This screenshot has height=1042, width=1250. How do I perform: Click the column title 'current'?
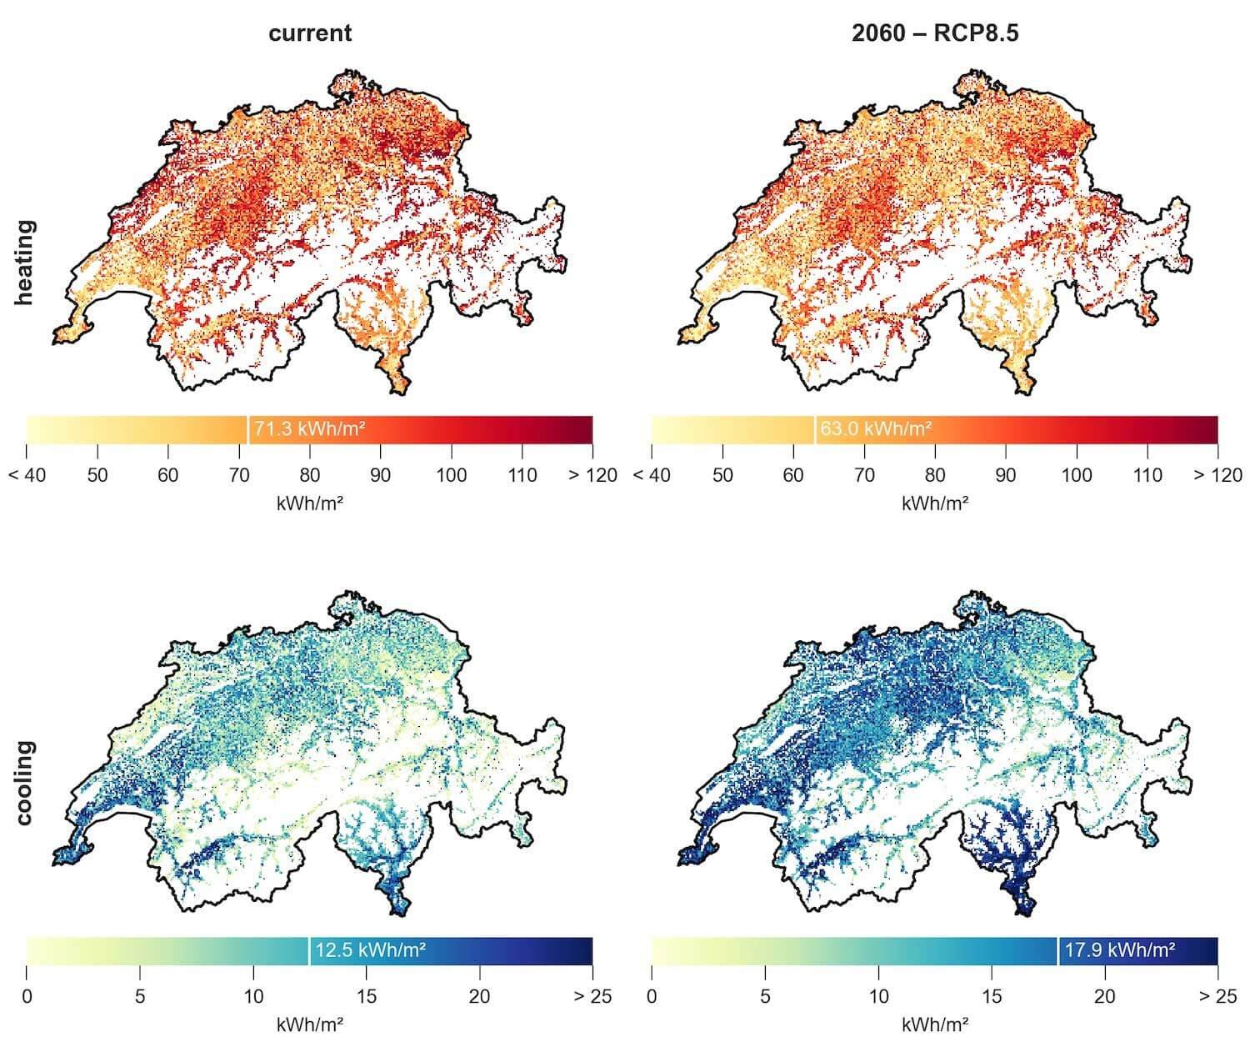310,33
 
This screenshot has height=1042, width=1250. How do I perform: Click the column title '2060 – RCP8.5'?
934,33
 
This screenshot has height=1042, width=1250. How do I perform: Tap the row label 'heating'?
24,263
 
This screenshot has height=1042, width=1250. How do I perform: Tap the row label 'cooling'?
24,783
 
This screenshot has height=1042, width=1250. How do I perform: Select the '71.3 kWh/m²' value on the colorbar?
309,428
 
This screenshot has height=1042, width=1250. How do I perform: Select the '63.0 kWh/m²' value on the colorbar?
876,428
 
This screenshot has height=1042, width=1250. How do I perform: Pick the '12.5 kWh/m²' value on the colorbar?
371,949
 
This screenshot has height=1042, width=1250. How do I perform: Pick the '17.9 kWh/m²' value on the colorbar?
1119,949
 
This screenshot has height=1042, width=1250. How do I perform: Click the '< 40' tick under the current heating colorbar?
27,475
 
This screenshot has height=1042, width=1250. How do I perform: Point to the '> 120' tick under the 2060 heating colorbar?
1217,475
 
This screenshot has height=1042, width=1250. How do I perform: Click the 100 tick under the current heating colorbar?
451,475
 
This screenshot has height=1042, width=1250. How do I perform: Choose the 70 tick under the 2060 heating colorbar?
864,475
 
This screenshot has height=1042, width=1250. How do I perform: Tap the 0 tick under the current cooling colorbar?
27,996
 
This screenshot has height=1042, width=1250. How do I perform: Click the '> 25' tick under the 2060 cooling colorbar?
1217,996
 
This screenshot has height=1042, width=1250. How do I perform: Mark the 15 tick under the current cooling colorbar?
367,996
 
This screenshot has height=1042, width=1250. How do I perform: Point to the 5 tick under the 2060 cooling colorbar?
765,996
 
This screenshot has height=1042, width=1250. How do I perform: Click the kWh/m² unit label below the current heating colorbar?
309,503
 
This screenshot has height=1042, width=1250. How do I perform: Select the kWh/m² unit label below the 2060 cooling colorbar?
934,1024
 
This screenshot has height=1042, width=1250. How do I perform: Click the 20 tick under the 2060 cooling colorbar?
1104,996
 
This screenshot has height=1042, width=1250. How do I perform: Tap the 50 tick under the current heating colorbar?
97,475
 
